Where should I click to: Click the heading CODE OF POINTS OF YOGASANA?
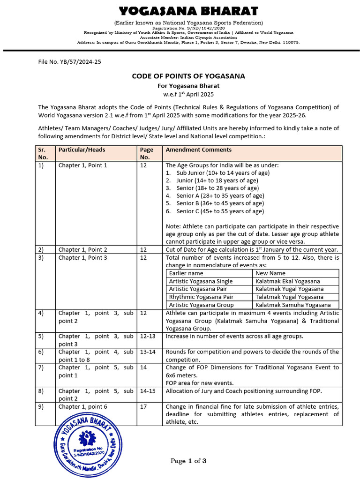[x=188, y=76]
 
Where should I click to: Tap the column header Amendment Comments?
[x=198, y=150]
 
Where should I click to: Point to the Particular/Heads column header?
[x=82, y=150]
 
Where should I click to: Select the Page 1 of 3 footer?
[x=188, y=461]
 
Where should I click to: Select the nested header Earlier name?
[x=186, y=273]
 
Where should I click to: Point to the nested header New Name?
[x=270, y=273]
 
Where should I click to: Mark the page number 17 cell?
[x=143, y=407]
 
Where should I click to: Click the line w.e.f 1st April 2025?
[x=187, y=93]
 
